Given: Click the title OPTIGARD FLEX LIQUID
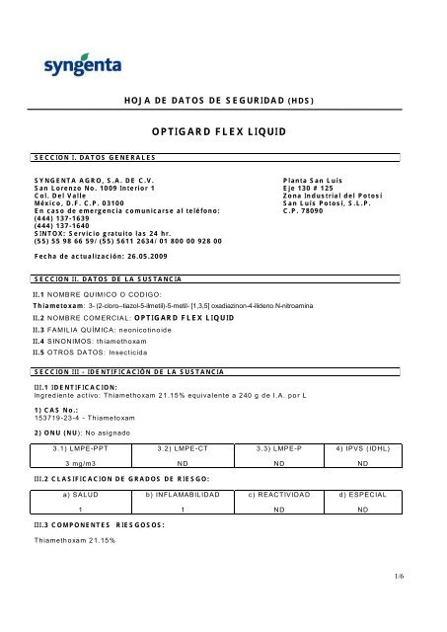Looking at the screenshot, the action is [223, 130].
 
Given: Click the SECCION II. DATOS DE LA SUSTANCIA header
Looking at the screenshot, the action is [110, 279].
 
